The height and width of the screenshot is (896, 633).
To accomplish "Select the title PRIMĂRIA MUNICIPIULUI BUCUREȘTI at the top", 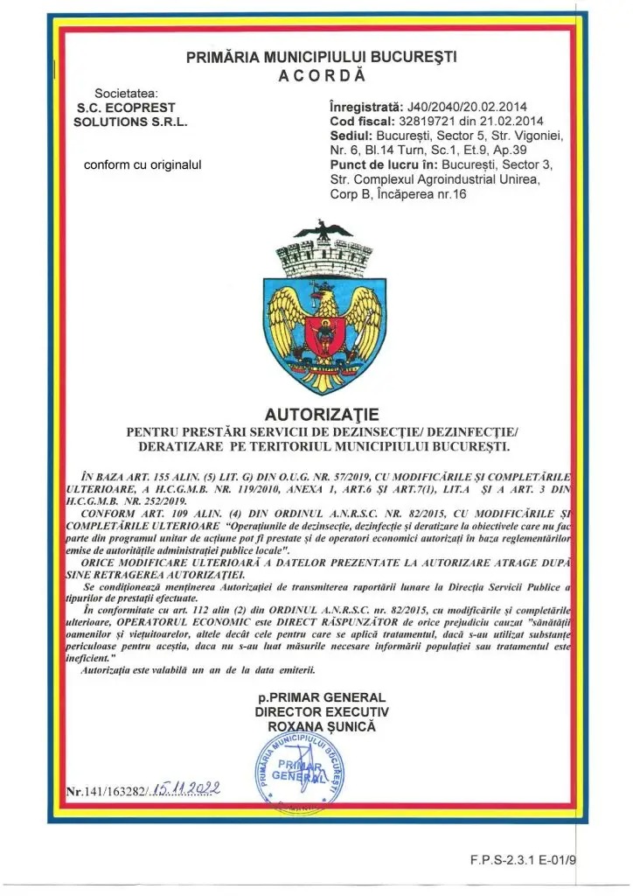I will pyautogui.click(x=321, y=59).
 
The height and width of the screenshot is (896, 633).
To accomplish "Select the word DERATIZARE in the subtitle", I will pyautogui.click(x=174, y=445).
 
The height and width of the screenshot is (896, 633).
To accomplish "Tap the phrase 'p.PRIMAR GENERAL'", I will pyautogui.click(x=321, y=697).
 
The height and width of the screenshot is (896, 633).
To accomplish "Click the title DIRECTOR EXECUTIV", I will pyautogui.click(x=321, y=712).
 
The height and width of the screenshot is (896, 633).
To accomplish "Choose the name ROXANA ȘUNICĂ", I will pyautogui.click(x=321, y=727).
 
